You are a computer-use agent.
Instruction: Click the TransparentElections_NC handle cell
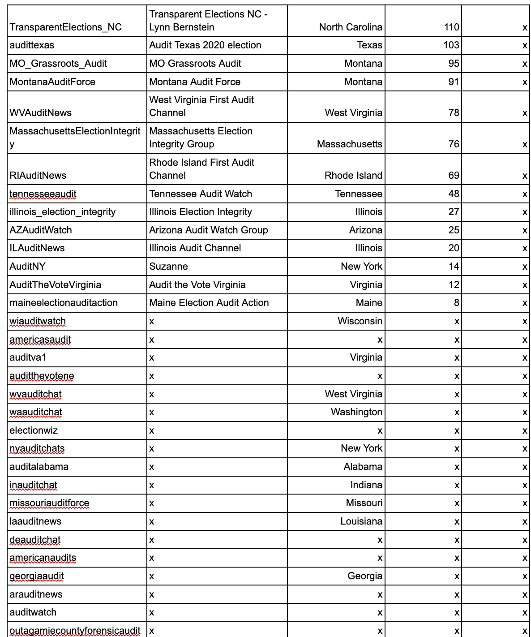(x=65, y=27)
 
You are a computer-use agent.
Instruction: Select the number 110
(x=451, y=27)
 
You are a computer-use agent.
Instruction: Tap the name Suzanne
(x=168, y=267)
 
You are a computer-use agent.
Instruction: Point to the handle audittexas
(x=32, y=45)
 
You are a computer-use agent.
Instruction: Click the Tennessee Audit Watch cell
(x=201, y=194)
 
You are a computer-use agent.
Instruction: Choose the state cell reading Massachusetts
(x=349, y=144)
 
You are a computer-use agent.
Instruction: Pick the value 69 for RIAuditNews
(x=454, y=176)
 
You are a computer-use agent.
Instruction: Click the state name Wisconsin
(x=360, y=321)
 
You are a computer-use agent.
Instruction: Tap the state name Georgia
(x=364, y=576)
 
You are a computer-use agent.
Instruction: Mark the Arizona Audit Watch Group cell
(x=209, y=230)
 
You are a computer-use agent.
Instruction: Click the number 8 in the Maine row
(x=456, y=303)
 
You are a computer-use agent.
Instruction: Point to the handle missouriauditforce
(x=49, y=503)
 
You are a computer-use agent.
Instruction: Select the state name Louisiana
(x=361, y=521)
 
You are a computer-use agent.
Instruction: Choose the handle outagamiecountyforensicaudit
(x=75, y=631)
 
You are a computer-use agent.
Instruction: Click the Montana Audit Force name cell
(x=195, y=82)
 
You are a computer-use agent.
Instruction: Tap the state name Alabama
(x=363, y=467)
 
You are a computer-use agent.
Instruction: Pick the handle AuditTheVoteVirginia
(x=55, y=285)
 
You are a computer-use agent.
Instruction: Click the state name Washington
(x=356, y=412)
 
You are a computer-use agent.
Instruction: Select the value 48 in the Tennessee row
(x=454, y=194)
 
